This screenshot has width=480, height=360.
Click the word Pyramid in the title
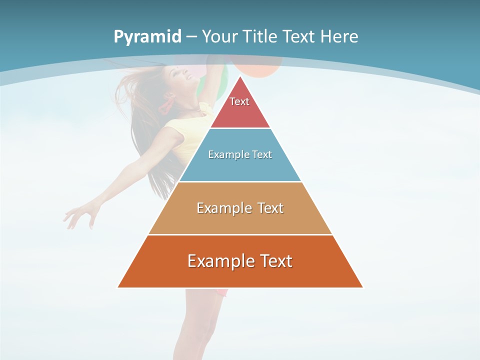pos(147,37)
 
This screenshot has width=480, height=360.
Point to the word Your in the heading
pos(220,36)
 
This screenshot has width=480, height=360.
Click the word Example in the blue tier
pos(224,154)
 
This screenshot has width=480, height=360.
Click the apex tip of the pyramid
pos(240,77)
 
